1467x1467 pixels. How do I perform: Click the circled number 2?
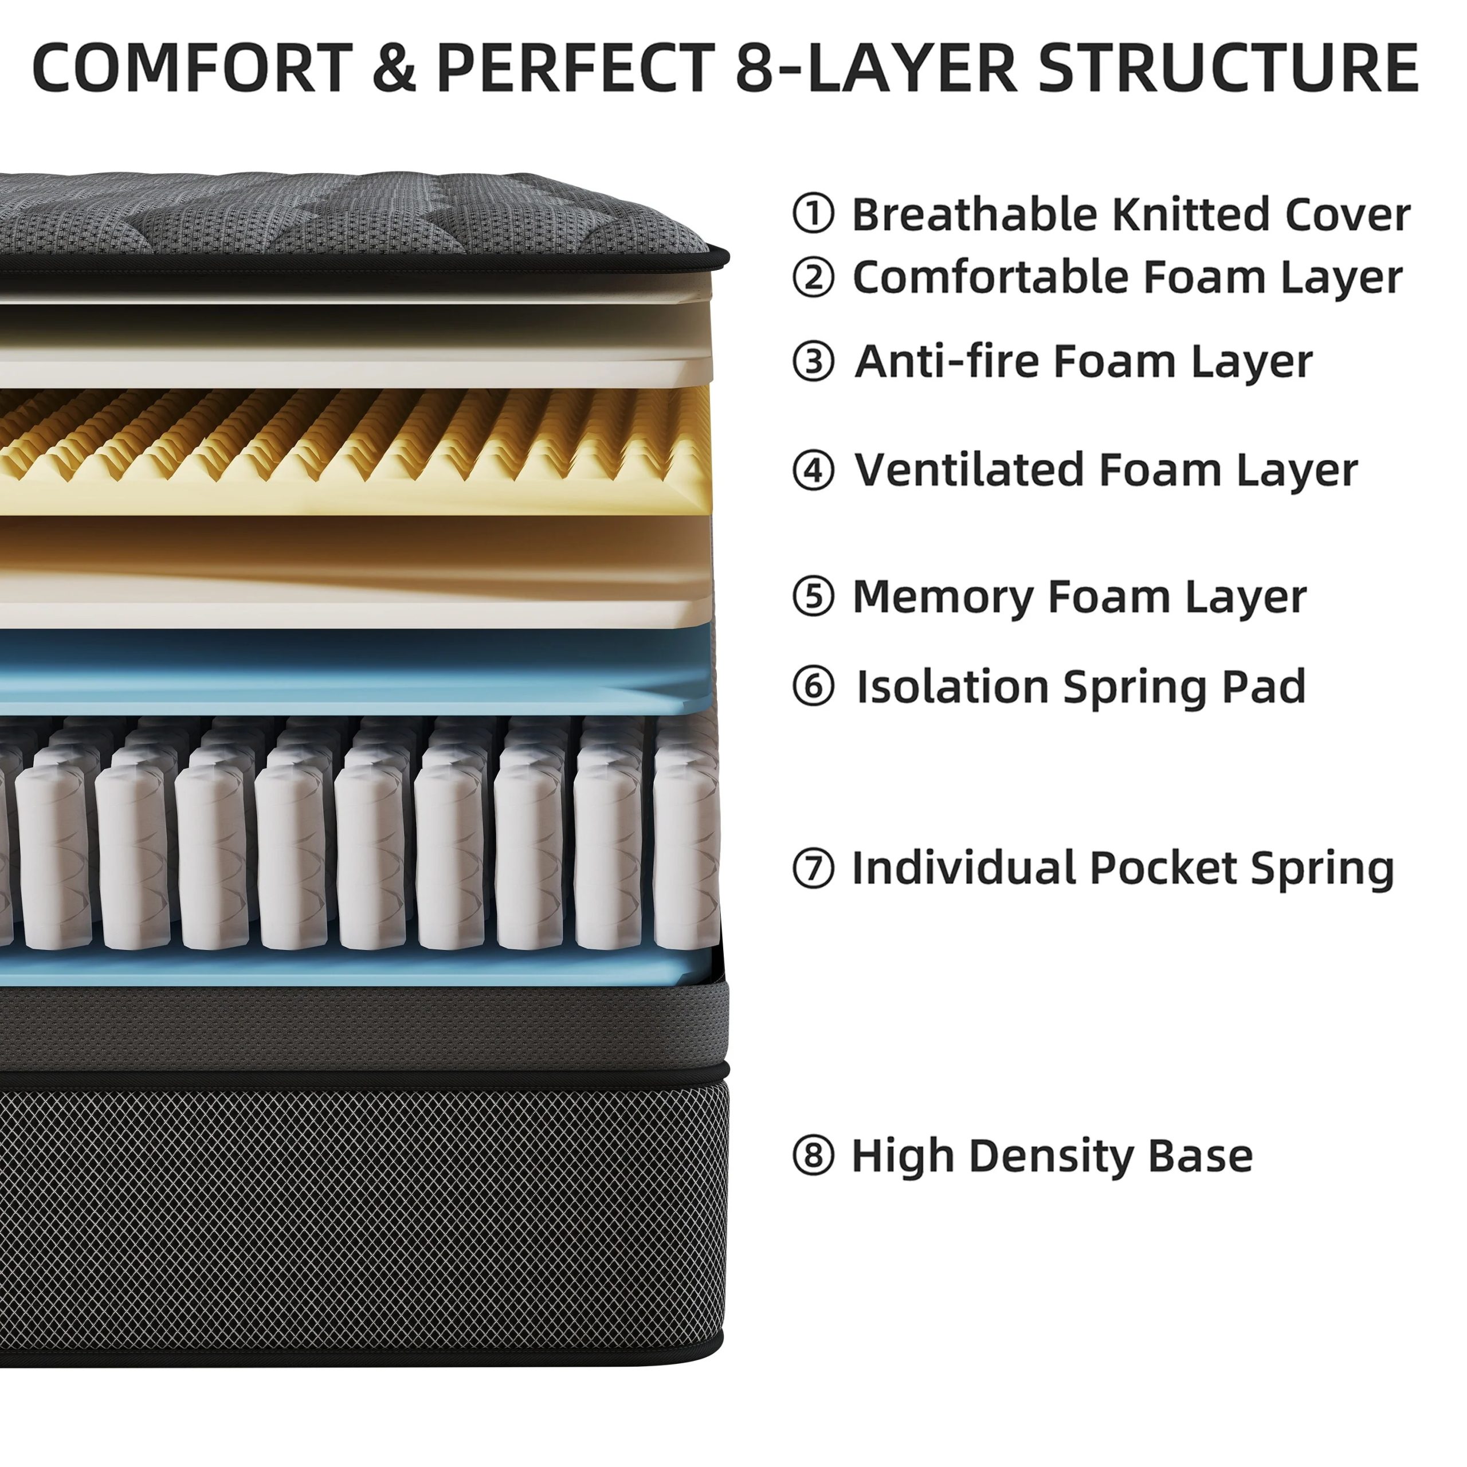click(813, 277)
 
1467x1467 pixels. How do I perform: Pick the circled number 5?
click(813, 596)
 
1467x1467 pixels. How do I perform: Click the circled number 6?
click(813, 687)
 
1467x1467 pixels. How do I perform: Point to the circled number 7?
click(813, 868)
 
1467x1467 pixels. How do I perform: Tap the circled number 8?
click(813, 1156)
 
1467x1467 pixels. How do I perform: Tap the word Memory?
click(942, 596)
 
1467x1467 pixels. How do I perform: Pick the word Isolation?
click(952, 687)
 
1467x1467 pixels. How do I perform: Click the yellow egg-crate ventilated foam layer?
click(357, 452)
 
